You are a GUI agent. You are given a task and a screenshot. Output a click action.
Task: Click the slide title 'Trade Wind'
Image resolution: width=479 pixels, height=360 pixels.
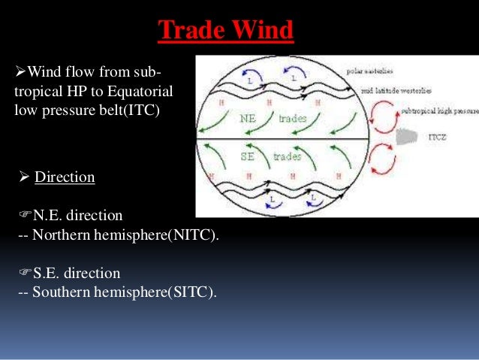click(226, 32)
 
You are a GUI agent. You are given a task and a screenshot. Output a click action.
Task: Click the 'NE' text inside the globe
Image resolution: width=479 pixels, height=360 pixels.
click(249, 119)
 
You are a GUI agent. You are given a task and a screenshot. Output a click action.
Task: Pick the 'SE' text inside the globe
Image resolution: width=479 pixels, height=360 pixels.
click(249, 156)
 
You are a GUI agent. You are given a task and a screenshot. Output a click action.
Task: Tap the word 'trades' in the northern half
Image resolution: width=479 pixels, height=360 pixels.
click(293, 119)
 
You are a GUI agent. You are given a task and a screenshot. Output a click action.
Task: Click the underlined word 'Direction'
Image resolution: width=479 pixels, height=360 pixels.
click(65, 177)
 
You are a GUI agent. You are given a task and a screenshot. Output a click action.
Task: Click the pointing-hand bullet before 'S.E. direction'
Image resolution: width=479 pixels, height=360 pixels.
click(24, 272)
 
